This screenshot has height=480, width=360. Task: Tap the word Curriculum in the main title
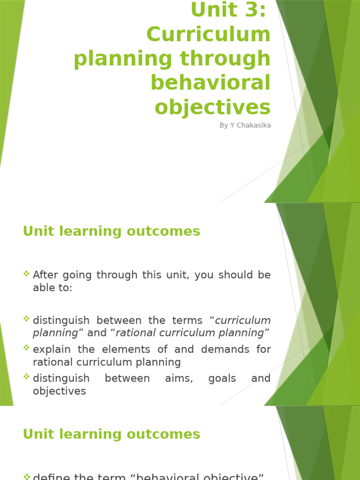[209, 34]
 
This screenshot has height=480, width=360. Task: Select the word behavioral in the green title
[210, 82]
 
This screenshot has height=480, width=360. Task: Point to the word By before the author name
[224, 125]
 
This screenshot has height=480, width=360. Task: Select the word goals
[222, 378]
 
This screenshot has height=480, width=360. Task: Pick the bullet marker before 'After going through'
[27, 273]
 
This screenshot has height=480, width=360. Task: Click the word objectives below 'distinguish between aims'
[60, 391]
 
